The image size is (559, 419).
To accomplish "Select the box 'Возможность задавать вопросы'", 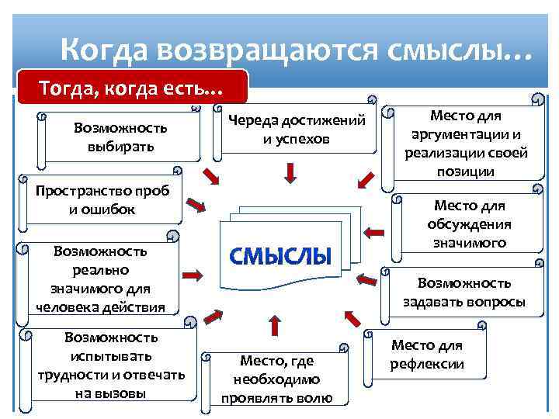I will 464,292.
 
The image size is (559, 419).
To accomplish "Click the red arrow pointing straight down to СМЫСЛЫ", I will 290,172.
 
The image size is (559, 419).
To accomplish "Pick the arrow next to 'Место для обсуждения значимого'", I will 376,231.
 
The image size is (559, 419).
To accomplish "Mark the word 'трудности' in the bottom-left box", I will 77,376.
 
